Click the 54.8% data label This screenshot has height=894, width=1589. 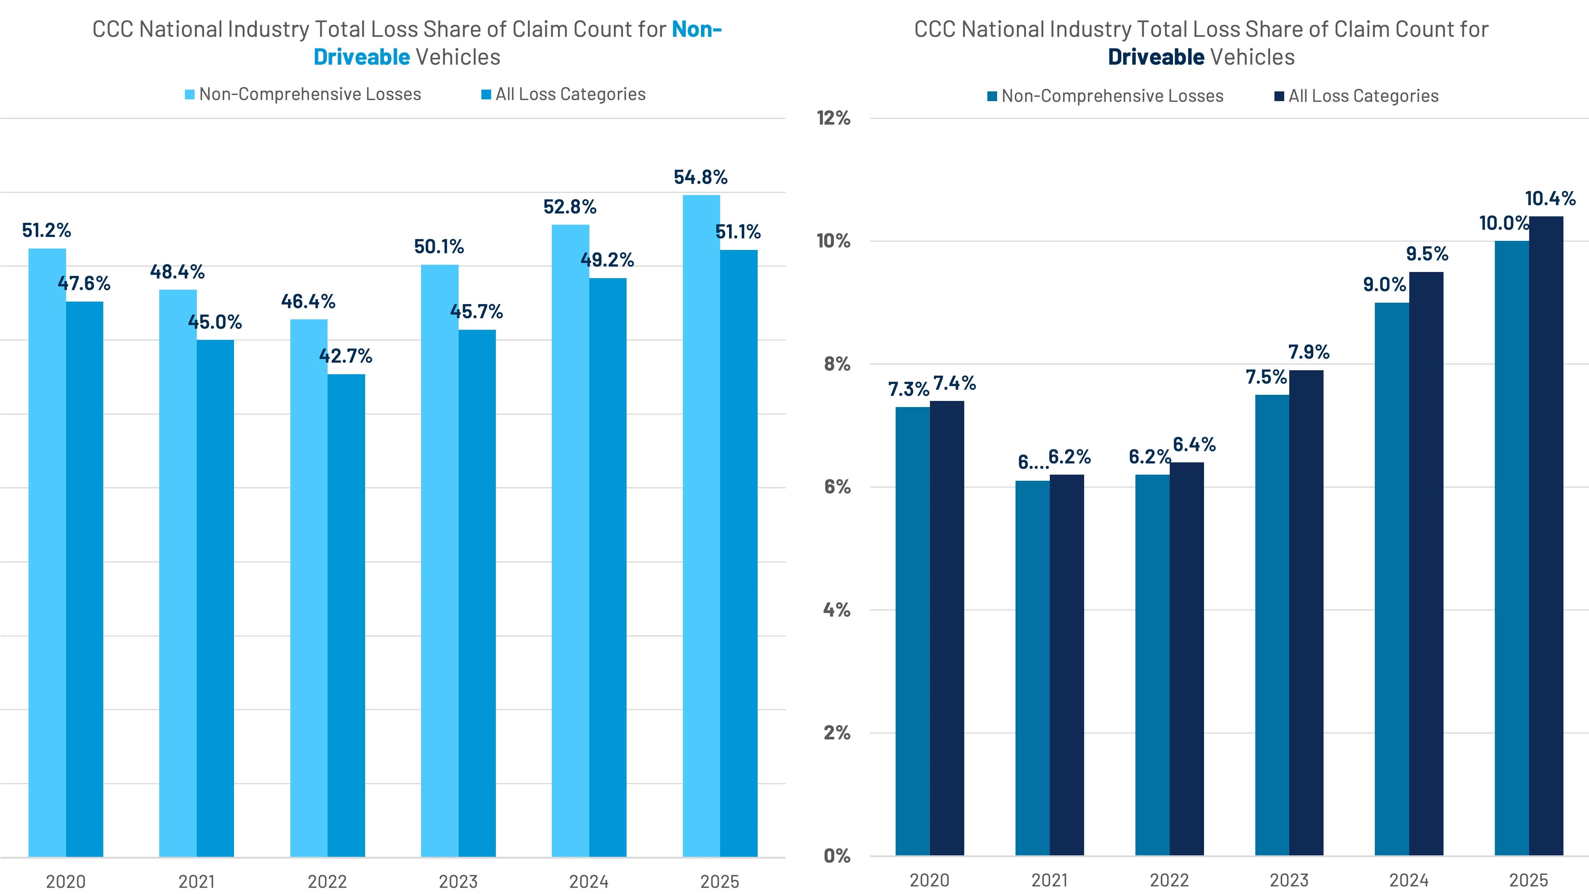pyautogui.click(x=700, y=178)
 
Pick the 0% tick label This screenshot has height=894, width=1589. pyautogui.click(x=836, y=856)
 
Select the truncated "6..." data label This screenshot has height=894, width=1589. pyautogui.click(x=1032, y=462)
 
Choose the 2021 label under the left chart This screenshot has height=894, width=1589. pyautogui.click(x=196, y=881)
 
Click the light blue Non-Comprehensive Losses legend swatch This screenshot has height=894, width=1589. pyautogui.click(x=190, y=94)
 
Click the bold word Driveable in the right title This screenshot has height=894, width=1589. pyautogui.click(x=1155, y=57)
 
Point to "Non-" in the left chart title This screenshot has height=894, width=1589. pyautogui.click(x=696, y=29)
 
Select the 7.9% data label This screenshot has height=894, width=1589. pyautogui.click(x=1308, y=352)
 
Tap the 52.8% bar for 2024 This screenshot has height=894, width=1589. pyautogui.click(x=570, y=540)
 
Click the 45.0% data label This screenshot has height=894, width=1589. pyautogui.click(x=215, y=322)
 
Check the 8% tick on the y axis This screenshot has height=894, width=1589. pyautogui.click(x=836, y=364)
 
